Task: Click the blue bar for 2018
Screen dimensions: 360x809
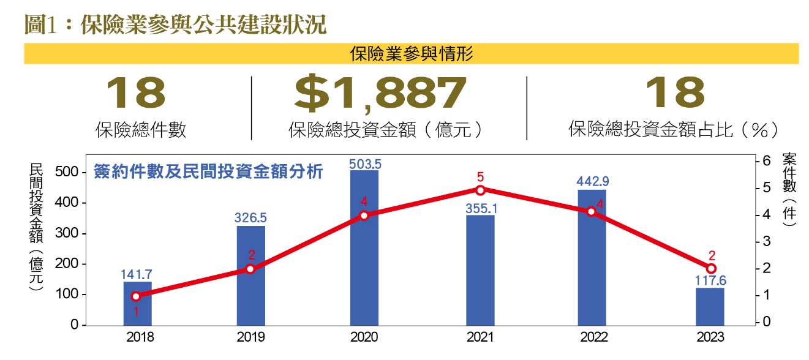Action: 137,303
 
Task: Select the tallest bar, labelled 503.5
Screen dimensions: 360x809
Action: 364,247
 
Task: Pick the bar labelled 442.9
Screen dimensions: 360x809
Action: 592,257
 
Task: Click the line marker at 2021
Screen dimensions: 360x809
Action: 480,190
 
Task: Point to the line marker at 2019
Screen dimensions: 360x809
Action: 250,269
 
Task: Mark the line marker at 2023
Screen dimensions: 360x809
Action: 710,269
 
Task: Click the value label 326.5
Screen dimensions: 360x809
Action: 250,217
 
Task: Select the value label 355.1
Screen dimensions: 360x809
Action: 480,208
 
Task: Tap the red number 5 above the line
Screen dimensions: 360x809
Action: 480,177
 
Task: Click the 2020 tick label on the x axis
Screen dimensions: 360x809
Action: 364,337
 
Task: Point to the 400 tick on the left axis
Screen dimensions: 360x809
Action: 70,203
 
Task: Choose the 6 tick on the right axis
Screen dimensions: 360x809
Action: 764,161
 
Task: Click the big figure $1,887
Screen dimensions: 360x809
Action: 380,93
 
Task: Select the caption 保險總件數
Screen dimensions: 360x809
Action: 141,130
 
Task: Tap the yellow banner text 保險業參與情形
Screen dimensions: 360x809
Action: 411,54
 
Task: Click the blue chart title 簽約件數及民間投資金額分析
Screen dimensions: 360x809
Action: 208,172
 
